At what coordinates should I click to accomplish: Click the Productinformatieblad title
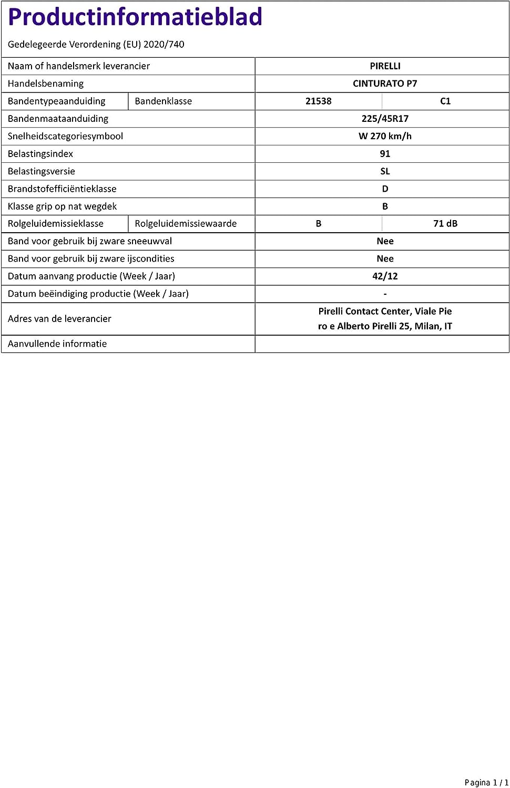135,17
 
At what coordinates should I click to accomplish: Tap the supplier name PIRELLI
385,66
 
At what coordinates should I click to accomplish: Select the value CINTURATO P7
385,84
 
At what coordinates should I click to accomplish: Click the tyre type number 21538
318,101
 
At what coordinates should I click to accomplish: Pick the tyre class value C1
445,101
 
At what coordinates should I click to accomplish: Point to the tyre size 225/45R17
385,119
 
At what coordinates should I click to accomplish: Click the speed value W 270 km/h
385,136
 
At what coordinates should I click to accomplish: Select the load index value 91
385,154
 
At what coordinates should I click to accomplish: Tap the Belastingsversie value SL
385,171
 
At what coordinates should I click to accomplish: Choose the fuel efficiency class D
385,189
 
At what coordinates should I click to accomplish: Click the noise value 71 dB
445,224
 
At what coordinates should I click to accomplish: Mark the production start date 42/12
385,276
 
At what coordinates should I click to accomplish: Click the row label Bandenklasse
163,101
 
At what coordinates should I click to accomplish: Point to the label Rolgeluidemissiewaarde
186,224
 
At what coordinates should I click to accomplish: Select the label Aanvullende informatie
57,344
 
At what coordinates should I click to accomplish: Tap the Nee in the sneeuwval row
385,241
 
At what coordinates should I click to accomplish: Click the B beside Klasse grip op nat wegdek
385,206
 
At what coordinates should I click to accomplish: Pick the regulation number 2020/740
164,45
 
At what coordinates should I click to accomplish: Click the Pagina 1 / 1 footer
486,783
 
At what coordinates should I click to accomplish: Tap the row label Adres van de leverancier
59,319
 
